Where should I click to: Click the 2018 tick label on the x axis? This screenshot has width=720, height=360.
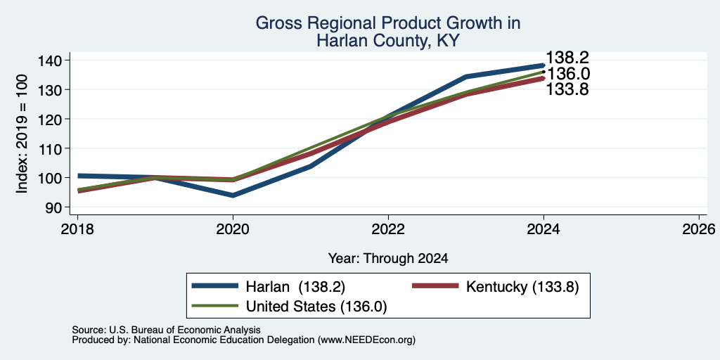point(77,229)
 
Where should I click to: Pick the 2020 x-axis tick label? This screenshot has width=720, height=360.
point(233,229)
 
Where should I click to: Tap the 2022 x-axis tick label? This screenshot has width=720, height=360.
point(388,229)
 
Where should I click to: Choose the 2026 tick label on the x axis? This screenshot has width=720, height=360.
point(699,229)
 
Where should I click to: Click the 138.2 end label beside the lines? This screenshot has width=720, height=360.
point(567,58)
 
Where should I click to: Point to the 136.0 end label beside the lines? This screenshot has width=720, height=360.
point(567,74)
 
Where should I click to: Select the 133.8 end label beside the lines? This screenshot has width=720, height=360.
point(567,89)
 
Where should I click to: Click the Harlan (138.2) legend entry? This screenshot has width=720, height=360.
point(269,286)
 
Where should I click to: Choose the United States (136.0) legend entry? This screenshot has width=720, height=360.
point(289,307)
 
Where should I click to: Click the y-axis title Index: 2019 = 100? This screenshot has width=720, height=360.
point(22,134)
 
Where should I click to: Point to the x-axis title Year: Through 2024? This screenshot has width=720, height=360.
point(388,259)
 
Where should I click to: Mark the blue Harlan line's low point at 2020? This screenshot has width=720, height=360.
point(233,195)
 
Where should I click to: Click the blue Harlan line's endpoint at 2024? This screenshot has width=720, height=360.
point(544,65)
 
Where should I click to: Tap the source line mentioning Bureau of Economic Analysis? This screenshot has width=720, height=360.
point(166,330)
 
